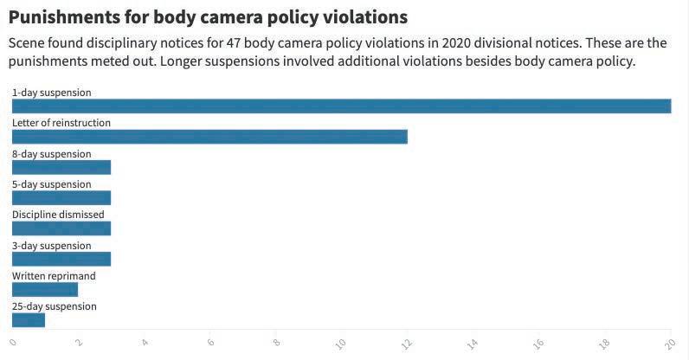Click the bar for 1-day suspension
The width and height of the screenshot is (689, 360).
click(x=341, y=106)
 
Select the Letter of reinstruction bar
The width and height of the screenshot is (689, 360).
click(x=209, y=137)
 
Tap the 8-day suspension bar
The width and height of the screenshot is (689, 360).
click(x=61, y=168)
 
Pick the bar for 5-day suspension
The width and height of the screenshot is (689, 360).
click(x=61, y=198)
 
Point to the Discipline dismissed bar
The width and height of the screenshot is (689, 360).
click(x=61, y=228)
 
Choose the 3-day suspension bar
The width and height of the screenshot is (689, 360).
click(x=61, y=259)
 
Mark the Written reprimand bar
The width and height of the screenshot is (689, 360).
click(x=45, y=290)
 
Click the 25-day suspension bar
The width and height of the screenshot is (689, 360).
click(x=29, y=320)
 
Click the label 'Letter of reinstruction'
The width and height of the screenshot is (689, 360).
click(x=61, y=123)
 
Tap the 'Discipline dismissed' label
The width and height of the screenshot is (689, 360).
click(x=58, y=215)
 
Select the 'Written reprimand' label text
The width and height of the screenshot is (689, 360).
click(x=54, y=276)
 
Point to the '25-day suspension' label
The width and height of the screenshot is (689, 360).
click(x=55, y=306)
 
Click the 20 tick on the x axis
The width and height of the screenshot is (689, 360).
click(x=669, y=344)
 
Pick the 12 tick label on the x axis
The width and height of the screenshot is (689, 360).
click(x=406, y=344)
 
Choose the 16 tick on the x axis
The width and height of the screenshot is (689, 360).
click(x=538, y=344)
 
